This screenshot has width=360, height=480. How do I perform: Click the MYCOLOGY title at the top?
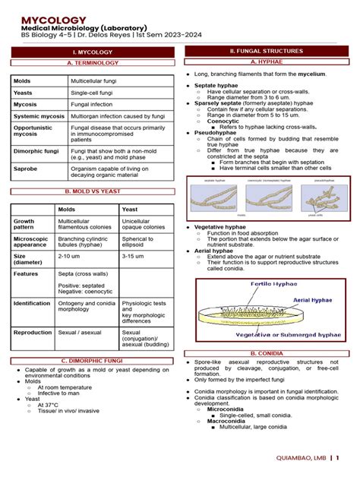click(53, 18)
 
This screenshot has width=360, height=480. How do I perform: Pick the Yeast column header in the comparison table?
click(130, 209)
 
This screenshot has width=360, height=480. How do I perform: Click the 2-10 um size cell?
click(70, 256)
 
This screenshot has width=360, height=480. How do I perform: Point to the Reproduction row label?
click(33, 332)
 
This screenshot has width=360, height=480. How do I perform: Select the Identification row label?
click(32, 303)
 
